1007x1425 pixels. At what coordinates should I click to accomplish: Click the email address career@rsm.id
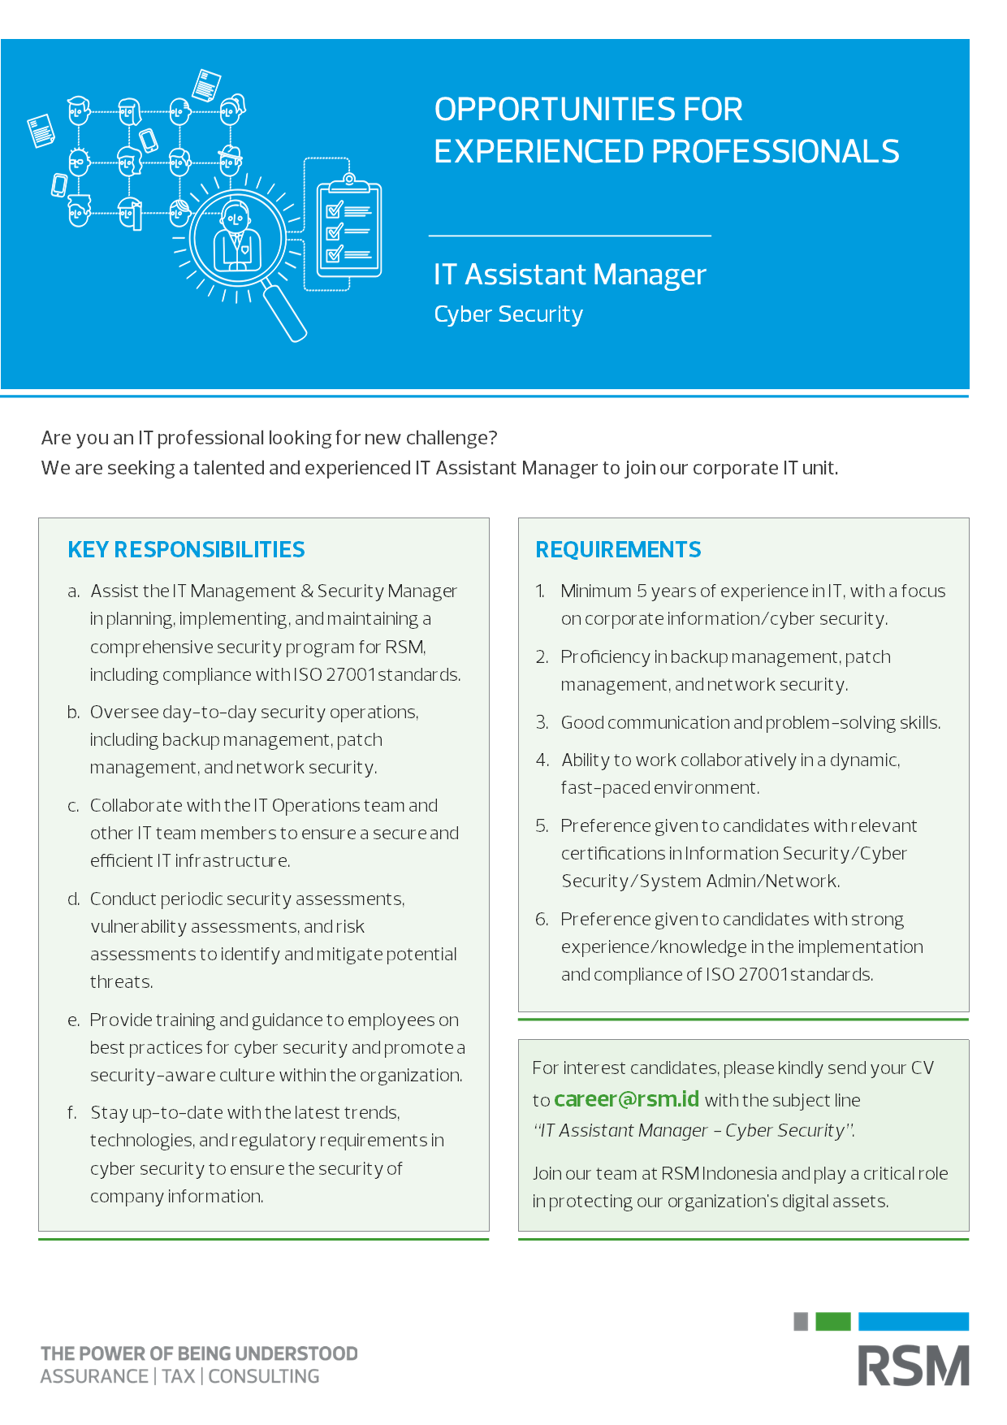[x=626, y=1099]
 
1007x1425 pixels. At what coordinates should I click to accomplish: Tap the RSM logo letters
[x=914, y=1366]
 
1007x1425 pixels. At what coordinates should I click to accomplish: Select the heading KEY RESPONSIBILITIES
[x=186, y=550]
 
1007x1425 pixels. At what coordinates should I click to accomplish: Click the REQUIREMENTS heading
[x=618, y=550]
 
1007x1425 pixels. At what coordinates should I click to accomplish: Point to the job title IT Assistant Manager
[x=569, y=275]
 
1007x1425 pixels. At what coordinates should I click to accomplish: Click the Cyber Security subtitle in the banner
[x=508, y=314]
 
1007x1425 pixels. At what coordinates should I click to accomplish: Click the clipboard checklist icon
[x=348, y=230]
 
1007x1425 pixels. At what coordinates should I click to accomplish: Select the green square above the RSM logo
[x=832, y=1321]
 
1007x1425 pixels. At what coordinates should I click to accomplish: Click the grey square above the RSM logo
[x=801, y=1321]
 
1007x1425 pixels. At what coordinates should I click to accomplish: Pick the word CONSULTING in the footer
[x=264, y=1376]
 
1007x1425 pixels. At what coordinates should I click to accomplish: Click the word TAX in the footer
[x=179, y=1376]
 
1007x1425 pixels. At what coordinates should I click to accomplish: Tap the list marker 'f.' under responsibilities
[x=72, y=1113]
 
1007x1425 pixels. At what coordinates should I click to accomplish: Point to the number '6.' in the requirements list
[x=542, y=920]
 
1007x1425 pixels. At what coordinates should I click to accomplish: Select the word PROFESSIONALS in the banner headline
[x=775, y=152]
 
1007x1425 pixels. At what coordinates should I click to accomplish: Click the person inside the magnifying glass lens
[x=236, y=238]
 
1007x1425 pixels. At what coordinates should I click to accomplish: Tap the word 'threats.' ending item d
[x=121, y=982]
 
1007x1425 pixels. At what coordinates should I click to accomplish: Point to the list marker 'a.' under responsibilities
[x=73, y=591]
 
